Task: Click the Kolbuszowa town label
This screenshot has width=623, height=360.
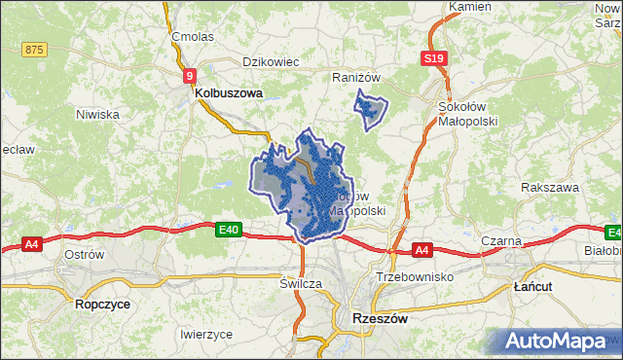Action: (229, 93)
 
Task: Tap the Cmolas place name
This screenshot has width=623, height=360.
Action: (192, 36)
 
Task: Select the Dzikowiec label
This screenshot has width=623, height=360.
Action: (270, 61)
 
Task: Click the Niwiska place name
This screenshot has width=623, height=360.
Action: (97, 114)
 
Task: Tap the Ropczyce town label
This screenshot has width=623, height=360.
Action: (100, 304)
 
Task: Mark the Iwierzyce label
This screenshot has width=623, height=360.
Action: (206, 334)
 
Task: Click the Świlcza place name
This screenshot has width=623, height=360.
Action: (300, 283)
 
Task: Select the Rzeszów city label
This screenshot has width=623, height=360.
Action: (378, 318)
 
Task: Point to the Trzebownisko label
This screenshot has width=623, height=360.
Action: (415, 277)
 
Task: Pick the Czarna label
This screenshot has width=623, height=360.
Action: (501, 240)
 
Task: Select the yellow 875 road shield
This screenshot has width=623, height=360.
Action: (34, 50)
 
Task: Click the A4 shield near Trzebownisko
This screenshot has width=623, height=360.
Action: (421, 251)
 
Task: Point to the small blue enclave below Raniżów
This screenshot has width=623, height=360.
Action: (370, 110)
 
